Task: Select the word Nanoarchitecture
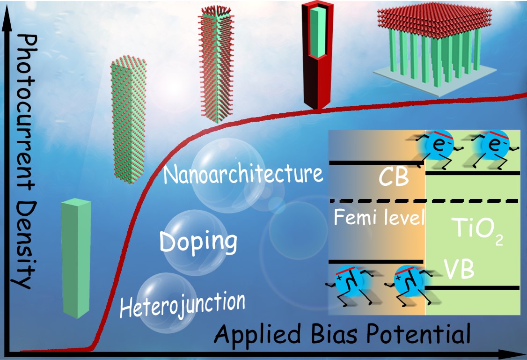pyautogui.click(x=243, y=175)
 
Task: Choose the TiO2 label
pyautogui.click(x=473, y=229)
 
